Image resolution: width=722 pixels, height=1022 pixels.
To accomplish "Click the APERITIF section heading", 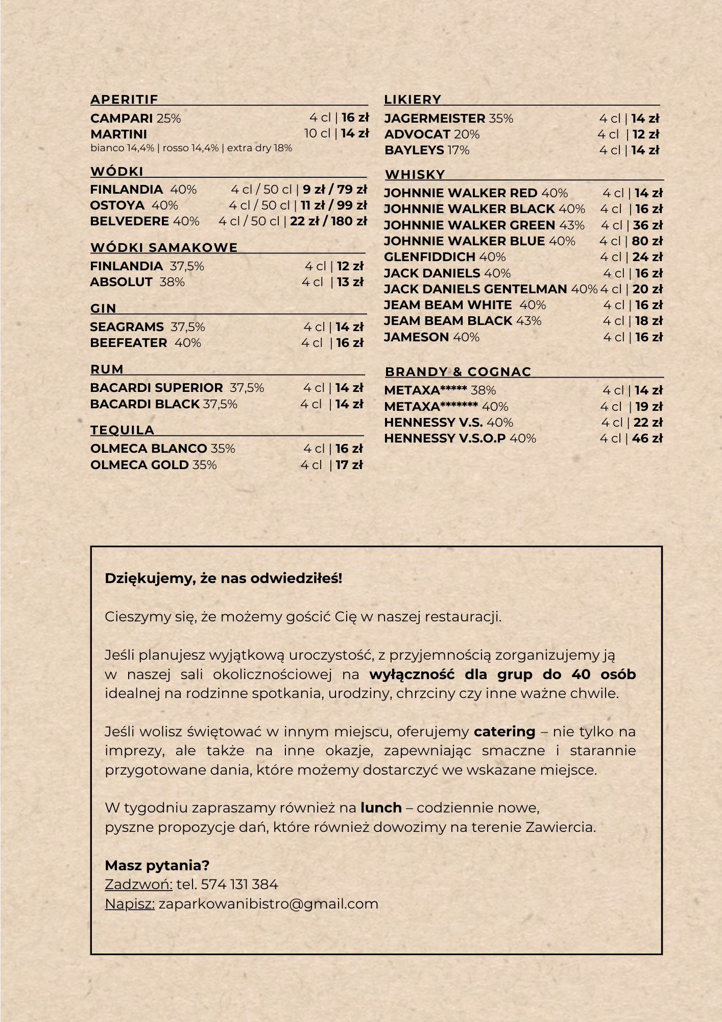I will point(124,99).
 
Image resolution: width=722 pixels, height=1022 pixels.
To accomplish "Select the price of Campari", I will point(355,118).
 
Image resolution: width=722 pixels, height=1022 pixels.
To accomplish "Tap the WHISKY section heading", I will point(415,174).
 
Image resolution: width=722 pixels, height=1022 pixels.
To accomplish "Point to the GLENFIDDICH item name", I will point(429,257).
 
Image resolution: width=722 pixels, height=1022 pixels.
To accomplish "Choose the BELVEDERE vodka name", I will point(129,221).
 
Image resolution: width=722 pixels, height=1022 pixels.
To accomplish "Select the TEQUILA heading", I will point(122,430).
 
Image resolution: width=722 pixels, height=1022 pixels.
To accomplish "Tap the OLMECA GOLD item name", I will point(139,465).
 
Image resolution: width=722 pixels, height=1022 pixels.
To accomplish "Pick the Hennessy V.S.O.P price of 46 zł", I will point(647,438).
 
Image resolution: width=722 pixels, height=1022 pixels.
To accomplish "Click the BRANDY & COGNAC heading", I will point(458,371).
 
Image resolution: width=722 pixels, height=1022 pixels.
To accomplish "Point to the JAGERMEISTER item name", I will point(435,119).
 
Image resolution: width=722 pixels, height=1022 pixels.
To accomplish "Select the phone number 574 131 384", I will point(239,885).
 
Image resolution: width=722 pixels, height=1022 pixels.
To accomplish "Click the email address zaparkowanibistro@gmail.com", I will point(268,904).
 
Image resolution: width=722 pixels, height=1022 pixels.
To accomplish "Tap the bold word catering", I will point(504,732).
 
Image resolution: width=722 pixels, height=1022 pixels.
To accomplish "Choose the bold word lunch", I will point(381,808).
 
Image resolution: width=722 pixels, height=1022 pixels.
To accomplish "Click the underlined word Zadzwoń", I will point(138,885).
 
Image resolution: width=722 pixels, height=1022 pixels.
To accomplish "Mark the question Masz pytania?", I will point(157,866).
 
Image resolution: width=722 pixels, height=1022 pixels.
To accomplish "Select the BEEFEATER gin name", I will point(129,343).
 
